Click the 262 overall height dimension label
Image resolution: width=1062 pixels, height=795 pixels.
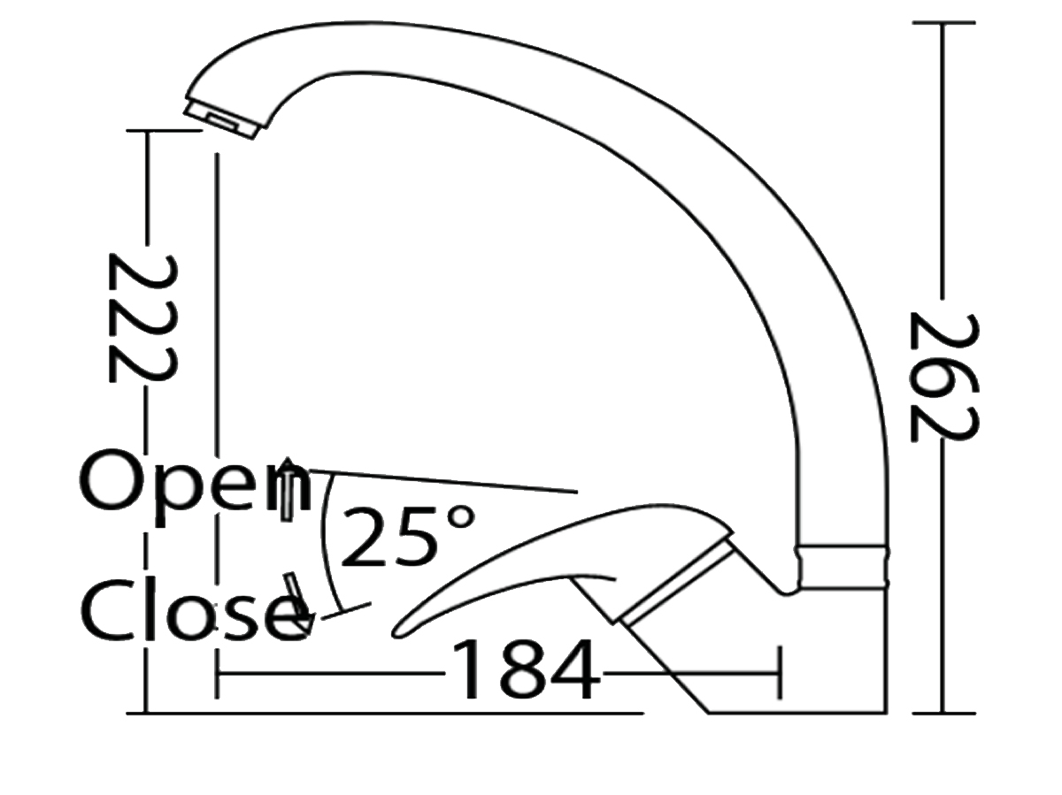944,376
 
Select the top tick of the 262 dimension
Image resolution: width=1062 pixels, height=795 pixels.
943,23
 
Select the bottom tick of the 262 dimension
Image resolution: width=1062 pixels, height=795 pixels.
943,712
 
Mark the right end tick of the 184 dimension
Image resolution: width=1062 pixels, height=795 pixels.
779,672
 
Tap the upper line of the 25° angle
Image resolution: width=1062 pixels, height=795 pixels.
442,480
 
